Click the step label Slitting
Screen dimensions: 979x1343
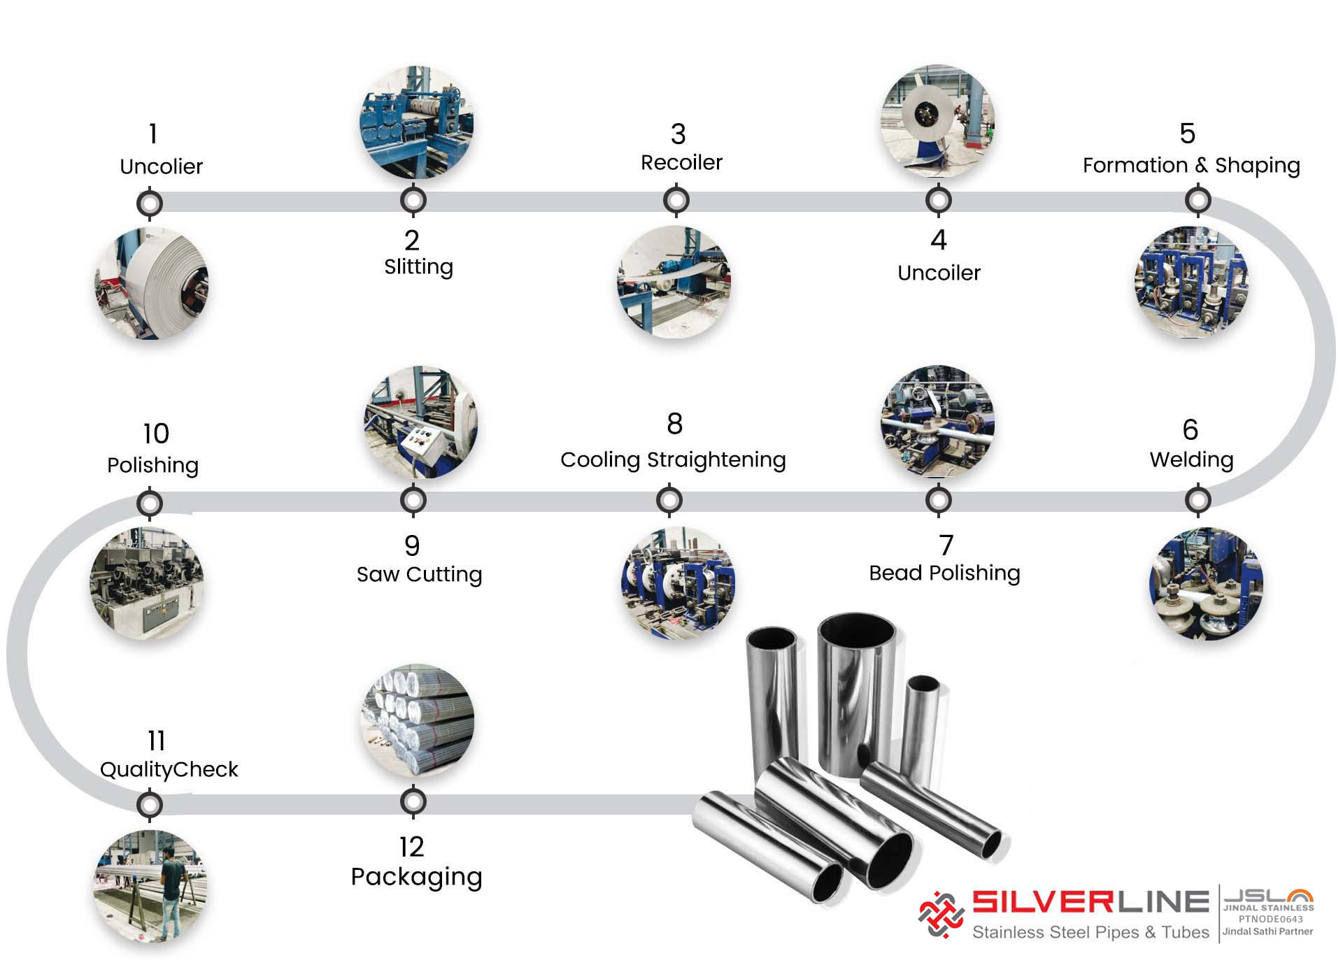tap(418, 267)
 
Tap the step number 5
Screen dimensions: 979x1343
tap(1187, 134)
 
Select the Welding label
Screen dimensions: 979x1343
tap(1191, 459)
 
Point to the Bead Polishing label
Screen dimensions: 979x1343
tap(944, 573)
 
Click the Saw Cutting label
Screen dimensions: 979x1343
tap(419, 574)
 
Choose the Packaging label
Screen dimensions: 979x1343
tap(416, 877)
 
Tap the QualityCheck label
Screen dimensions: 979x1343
tap(169, 769)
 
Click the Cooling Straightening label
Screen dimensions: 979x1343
tap(673, 459)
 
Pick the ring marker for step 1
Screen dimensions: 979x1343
tap(150, 203)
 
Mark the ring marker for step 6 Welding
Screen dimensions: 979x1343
tap(1198, 500)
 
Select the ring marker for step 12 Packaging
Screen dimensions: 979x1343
tap(413, 802)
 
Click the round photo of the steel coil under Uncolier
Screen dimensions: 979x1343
tap(152, 283)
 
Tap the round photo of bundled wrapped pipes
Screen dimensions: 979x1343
tap(418, 720)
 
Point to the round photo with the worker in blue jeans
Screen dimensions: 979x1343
tap(150, 886)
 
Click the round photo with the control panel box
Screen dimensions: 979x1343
tap(420, 422)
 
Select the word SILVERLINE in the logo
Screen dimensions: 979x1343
tap(1090, 902)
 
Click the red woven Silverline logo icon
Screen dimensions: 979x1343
tap(941, 914)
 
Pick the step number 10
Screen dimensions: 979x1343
tap(156, 434)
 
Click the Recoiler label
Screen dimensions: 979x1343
tap(681, 162)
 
